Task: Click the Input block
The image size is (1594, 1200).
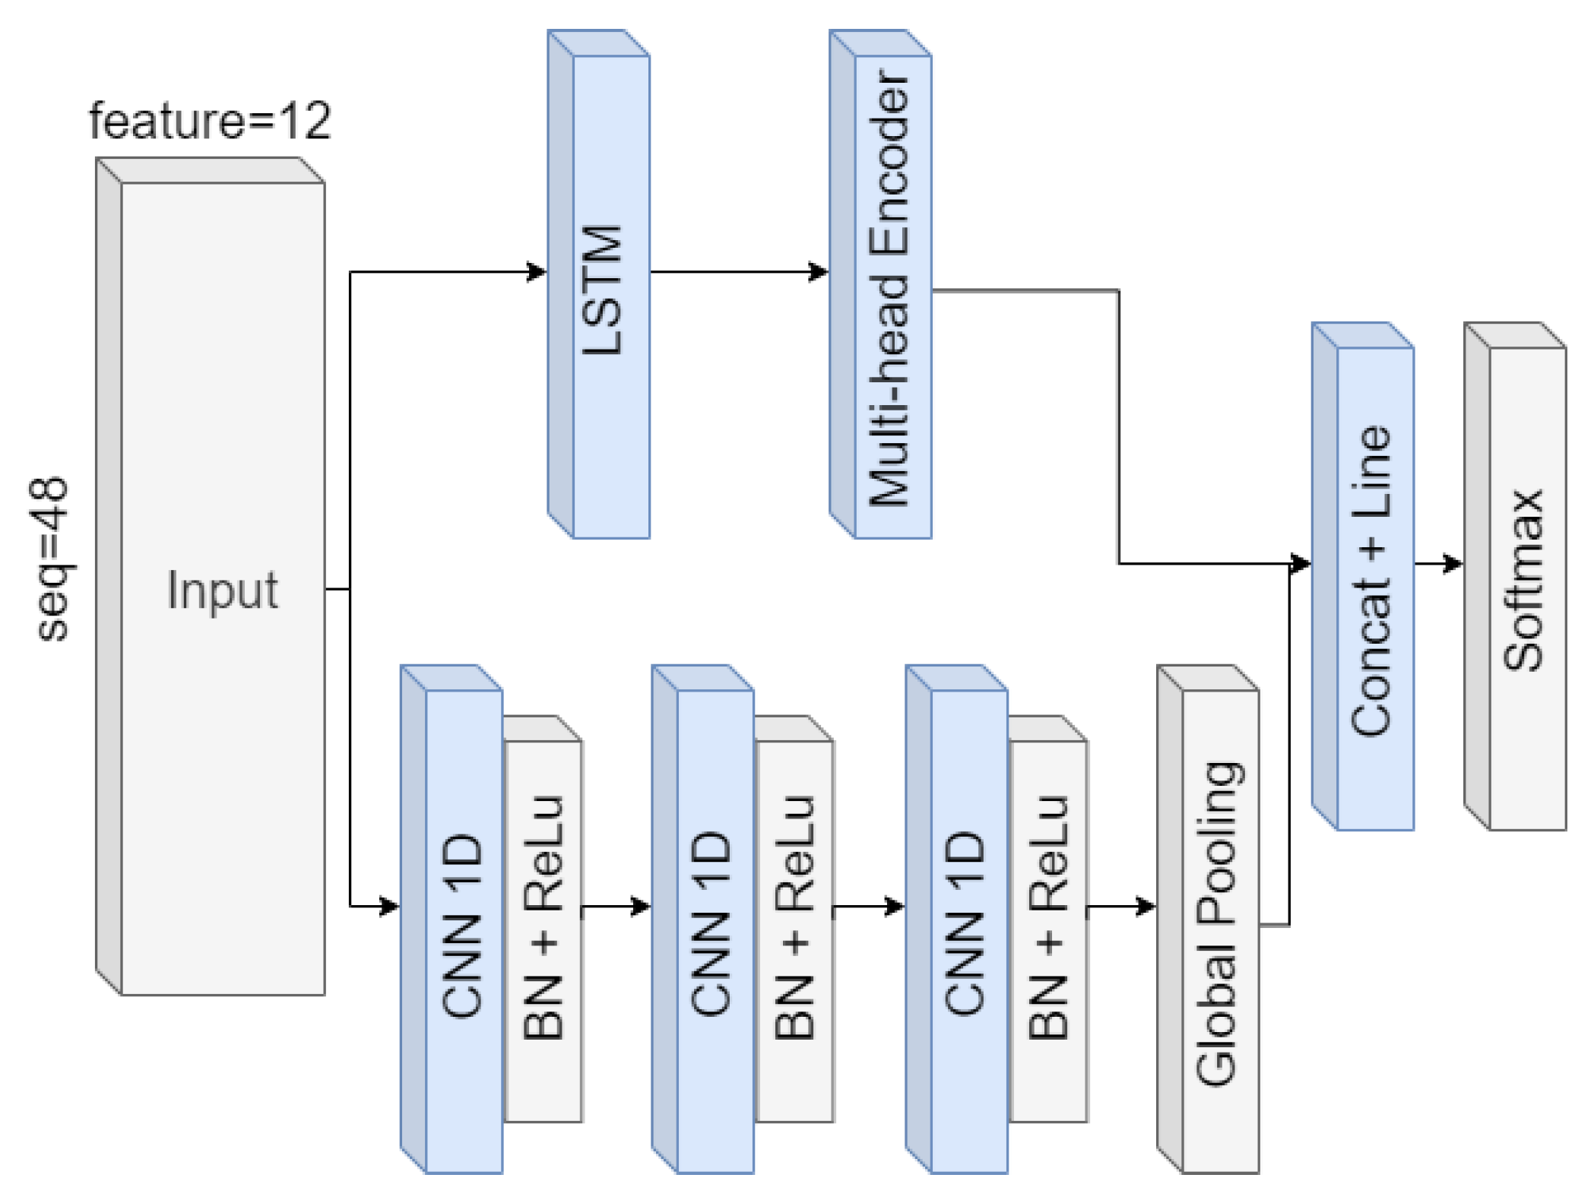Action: coord(223,589)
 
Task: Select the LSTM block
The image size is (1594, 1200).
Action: coord(610,296)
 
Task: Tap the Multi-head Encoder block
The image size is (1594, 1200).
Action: coord(892,296)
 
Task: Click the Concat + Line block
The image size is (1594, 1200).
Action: coord(1374,589)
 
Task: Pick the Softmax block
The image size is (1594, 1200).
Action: coord(1526,589)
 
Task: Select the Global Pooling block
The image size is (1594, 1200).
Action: coord(1219,931)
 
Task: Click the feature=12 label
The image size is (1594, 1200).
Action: coord(211,121)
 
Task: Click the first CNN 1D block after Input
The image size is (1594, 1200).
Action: coord(464,931)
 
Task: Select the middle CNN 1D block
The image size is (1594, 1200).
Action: coord(715,931)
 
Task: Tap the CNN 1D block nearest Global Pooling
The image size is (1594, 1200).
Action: coord(968,931)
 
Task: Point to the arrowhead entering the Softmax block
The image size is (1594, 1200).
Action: coord(1454,564)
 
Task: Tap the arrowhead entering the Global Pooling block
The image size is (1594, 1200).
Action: coord(1147,906)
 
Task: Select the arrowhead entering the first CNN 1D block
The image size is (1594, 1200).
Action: coord(390,906)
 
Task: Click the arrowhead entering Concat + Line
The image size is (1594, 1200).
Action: coord(1301,564)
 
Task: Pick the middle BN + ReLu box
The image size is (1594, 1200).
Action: coord(795,931)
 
